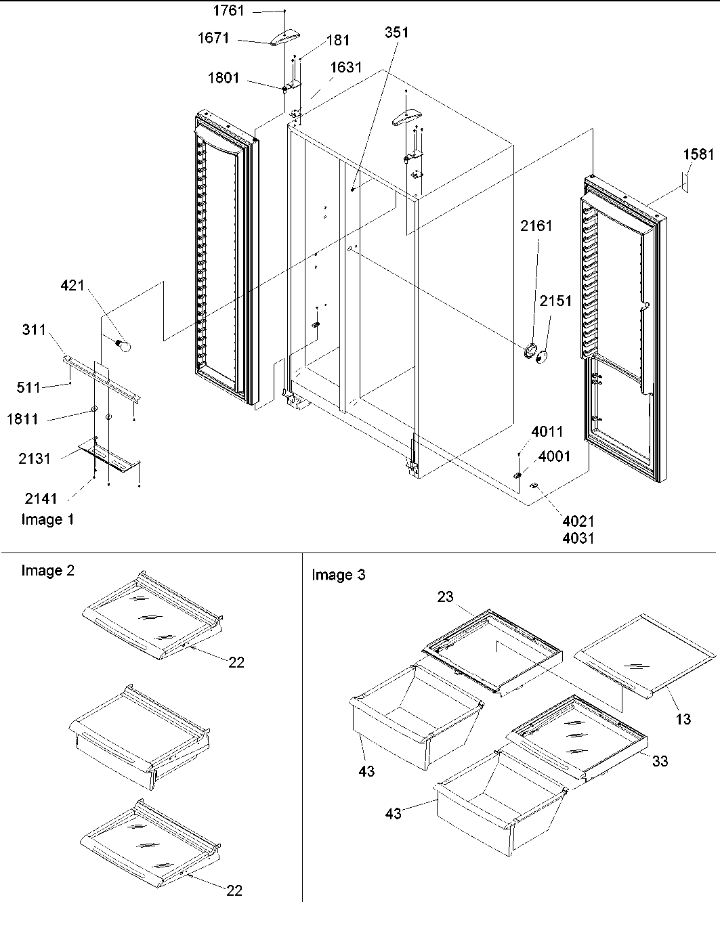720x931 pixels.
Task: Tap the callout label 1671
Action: tap(213, 39)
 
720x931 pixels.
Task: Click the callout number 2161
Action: tap(536, 225)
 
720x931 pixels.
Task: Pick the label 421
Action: tap(72, 285)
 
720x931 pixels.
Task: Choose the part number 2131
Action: tap(34, 458)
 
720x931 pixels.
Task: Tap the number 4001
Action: tap(554, 456)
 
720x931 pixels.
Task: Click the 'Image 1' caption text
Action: tap(47, 519)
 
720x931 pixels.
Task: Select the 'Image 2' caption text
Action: tap(47, 570)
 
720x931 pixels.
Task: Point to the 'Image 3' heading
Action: tap(338, 575)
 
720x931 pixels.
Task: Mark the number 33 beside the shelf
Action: tap(660, 760)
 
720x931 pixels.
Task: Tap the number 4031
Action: tap(578, 539)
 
